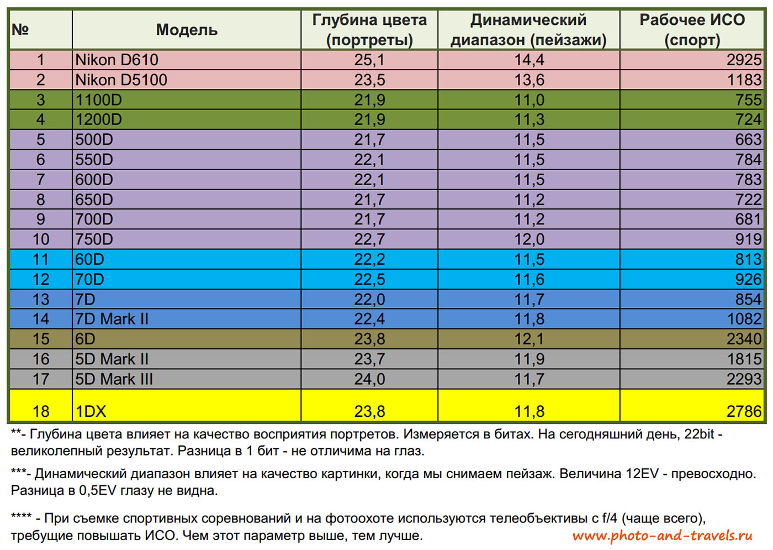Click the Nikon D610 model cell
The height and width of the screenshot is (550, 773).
117,60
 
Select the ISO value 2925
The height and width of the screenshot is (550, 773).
744,60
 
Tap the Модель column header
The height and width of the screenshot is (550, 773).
187,30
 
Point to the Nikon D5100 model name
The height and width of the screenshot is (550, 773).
121,80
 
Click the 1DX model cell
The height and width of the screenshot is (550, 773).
91,411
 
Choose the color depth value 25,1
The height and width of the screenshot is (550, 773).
369,60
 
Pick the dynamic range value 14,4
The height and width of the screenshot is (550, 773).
529,60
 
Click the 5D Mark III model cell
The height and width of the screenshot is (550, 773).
114,379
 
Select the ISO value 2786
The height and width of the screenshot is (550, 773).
744,411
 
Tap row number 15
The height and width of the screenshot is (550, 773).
41,339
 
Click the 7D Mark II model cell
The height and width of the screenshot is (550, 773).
112,319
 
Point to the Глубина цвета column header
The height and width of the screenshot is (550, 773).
369,30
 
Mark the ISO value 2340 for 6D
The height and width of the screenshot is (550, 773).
744,339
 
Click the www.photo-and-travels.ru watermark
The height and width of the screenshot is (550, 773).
663,535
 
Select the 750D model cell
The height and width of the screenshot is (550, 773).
94,239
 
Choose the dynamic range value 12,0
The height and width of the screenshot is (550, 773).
529,239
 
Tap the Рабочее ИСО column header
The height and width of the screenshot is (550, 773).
692,30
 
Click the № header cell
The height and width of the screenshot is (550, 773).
20,30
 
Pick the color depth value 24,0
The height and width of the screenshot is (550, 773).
369,379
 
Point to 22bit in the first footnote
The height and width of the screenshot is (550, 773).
699,434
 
